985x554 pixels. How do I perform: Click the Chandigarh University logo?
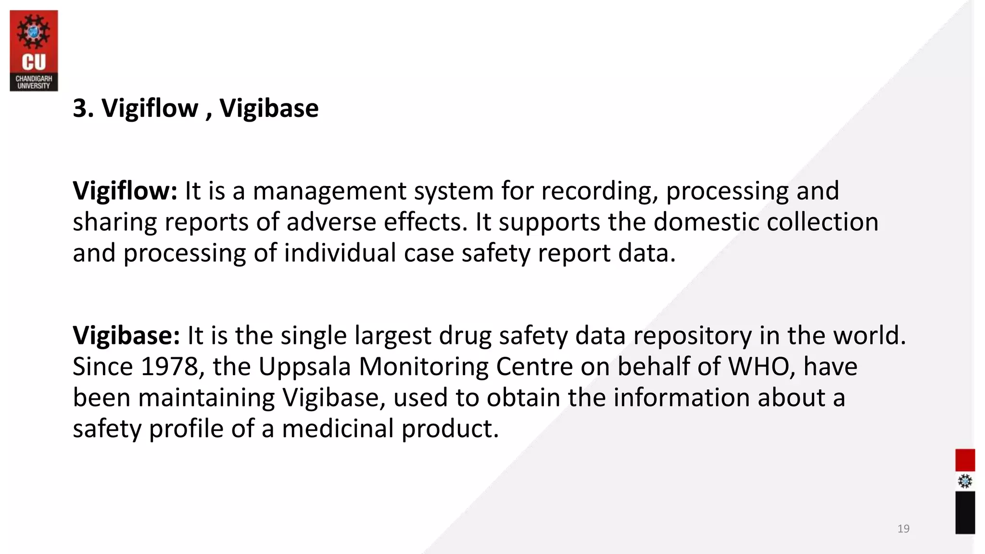34,50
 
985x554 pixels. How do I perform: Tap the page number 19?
903,529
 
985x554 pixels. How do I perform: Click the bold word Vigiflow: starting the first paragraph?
125,191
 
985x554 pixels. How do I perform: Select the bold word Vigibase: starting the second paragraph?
126,335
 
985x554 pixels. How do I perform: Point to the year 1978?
170,366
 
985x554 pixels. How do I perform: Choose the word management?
329,191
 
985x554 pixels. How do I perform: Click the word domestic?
706,222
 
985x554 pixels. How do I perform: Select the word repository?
692,335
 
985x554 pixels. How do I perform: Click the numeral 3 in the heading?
79,108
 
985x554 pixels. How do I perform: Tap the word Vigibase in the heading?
269,108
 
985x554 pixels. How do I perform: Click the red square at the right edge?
965,460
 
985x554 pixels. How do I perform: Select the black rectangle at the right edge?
965,512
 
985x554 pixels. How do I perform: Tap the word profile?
186,428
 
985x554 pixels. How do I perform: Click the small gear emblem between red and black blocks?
965,481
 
